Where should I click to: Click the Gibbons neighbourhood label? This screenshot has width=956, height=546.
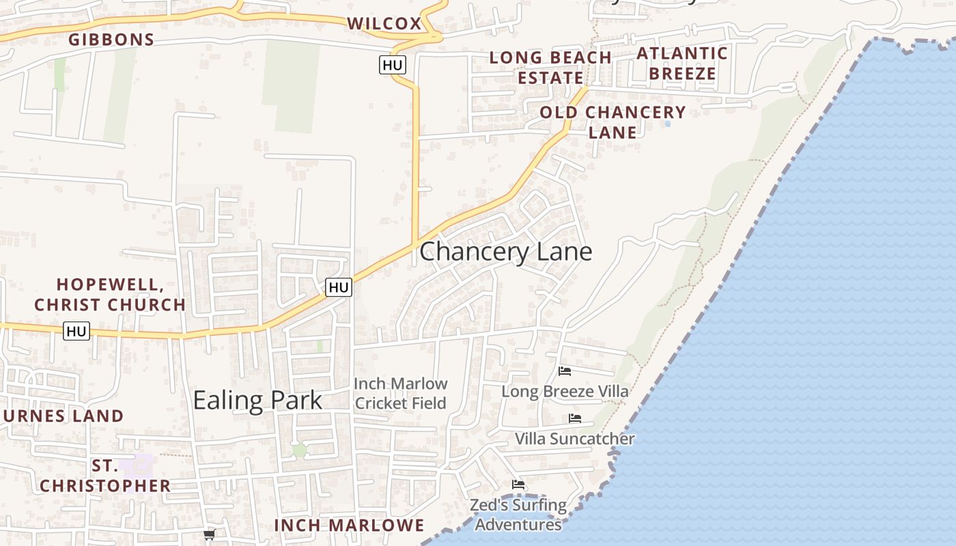111,40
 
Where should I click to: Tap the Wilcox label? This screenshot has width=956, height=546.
384,23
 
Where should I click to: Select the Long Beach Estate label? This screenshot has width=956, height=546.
550,67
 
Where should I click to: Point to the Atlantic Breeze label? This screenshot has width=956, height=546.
682,63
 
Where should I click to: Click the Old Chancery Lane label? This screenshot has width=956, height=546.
613,122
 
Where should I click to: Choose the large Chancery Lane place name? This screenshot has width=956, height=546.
505,251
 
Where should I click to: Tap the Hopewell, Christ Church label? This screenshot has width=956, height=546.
110,294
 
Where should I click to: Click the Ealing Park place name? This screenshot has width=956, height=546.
257,400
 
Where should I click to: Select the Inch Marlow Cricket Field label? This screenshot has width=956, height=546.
401,393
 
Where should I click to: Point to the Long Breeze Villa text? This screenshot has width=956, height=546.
565,391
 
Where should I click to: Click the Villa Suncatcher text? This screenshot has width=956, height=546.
574,438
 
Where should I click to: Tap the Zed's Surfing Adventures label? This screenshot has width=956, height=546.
518,515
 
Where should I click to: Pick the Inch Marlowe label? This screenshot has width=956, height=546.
349,525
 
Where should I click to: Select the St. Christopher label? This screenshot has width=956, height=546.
104,476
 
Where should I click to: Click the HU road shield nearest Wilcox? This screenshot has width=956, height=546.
393,65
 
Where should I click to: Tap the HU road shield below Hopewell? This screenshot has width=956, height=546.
76,331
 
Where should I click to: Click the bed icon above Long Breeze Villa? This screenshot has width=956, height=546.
565,371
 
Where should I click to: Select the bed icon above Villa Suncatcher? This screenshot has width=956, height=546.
575,418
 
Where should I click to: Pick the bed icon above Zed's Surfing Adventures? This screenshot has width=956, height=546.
518,485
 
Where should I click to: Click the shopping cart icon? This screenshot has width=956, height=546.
210,534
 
